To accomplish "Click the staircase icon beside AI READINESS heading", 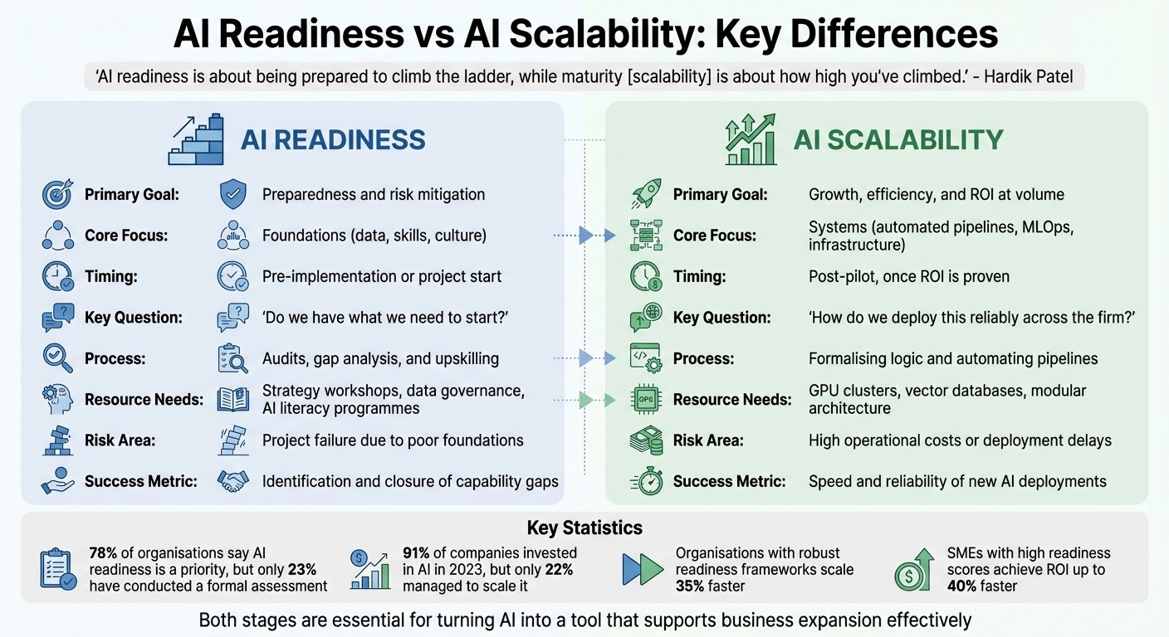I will pos(196,139).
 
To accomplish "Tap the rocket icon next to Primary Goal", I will pos(645,194).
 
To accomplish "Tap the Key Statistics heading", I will pos(584,528).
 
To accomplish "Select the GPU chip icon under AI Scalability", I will pos(645,399).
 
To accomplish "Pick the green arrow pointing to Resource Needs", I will pos(608,400).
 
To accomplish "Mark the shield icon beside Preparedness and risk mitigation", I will pos(233,194).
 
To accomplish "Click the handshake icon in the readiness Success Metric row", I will pos(233,481).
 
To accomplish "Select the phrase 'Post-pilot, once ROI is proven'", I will pos(909,276).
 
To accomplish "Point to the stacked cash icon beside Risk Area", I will pos(645,440).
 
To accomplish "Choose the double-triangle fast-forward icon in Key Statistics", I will pos(643,569).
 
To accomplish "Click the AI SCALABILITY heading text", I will pos(898,139).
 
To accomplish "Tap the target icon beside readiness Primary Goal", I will pos(57,194).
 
